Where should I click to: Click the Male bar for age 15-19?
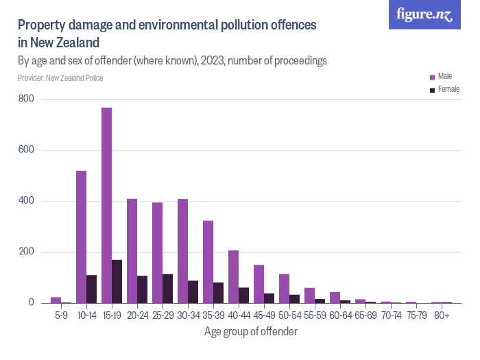106,206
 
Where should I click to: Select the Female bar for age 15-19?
117,281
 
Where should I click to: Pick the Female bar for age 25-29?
167,289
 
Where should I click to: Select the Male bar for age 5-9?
56,300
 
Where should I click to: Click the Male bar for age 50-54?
284,289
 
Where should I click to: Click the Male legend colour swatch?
432,77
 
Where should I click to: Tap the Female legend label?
448,90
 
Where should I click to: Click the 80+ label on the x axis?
442,315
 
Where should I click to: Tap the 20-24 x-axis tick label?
137,315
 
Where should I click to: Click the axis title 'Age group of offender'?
251,332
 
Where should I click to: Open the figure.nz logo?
424,14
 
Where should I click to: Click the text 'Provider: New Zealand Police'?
60,78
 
